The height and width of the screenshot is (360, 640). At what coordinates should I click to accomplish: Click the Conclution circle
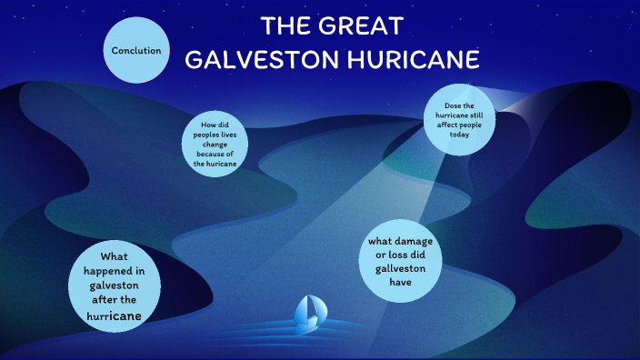[136, 50]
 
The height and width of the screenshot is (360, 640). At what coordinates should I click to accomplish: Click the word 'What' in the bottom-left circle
[115, 256]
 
